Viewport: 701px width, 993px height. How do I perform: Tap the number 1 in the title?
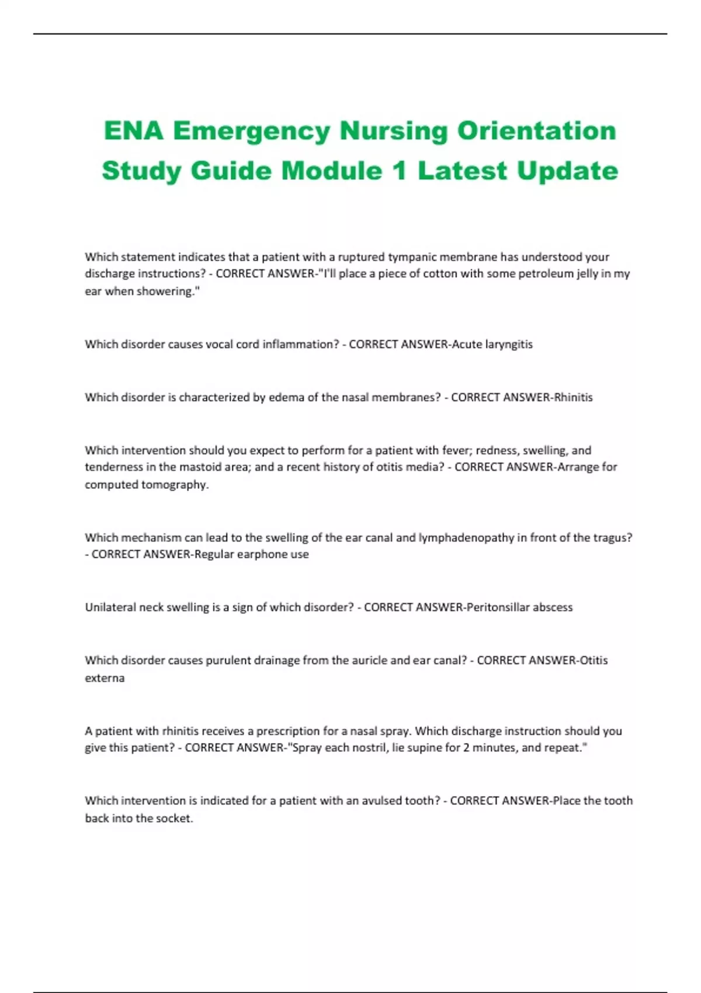click(400, 171)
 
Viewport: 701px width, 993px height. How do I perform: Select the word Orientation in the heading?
click(536, 130)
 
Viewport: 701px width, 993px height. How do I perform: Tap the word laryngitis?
click(509, 345)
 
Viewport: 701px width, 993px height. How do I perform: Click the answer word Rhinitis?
click(573, 398)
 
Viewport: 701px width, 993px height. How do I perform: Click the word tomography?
click(175, 485)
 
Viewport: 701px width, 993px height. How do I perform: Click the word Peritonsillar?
click(498, 607)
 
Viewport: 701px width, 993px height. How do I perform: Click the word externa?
click(105, 678)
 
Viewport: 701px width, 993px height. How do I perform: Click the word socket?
click(173, 818)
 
